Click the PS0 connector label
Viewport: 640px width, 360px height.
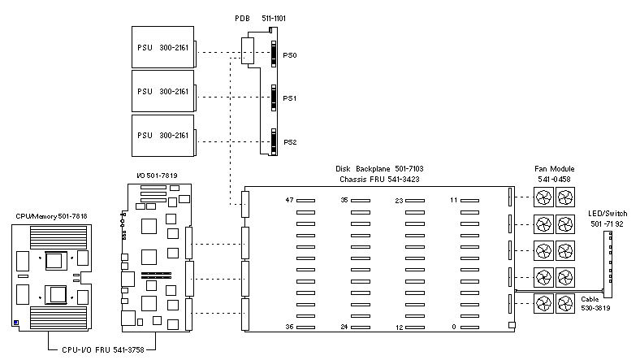click(290, 56)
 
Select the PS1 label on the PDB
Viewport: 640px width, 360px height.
click(290, 98)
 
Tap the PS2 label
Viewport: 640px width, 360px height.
click(290, 142)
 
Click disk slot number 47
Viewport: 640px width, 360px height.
click(288, 200)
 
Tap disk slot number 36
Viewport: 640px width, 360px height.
click(288, 327)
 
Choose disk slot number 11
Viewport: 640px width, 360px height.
click(455, 200)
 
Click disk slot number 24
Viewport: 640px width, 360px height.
click(344, 327)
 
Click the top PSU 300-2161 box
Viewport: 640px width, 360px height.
click(162, 46)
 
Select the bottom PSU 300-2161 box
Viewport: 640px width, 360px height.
click(162, 135)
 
